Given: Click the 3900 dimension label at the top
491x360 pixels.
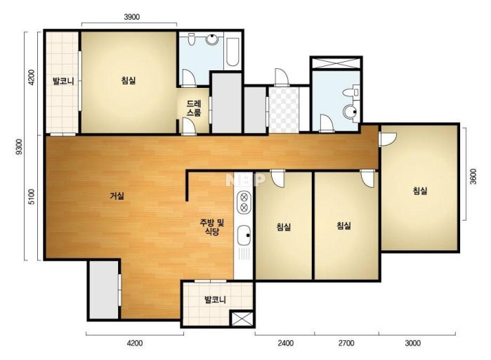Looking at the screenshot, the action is (132, 17).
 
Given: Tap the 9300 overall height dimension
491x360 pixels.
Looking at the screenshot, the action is (20, 147).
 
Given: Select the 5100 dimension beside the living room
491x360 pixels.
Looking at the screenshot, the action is (32, 197).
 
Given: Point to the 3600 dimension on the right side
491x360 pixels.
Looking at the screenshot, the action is (473, 176).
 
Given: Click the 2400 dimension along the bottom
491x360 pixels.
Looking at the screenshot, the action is (286, 343).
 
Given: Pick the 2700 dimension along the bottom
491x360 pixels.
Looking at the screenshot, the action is (346, 343).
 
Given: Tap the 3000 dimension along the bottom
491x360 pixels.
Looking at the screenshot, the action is (413, 343).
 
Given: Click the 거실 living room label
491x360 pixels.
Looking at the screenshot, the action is (117, 196).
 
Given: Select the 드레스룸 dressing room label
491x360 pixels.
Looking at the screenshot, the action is (194, 108).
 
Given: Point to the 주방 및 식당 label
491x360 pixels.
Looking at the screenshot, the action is (212, 227).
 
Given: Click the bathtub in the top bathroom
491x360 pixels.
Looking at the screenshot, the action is (233, 52).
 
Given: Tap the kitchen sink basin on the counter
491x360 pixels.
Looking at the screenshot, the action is (244, 236).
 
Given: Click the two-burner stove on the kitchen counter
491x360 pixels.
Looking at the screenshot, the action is (244, 202).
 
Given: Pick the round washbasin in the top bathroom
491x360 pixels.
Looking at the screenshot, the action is (212, 39).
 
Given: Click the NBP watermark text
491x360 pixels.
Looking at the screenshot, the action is (245, 179).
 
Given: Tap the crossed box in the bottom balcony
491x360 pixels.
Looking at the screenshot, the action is (242, 319).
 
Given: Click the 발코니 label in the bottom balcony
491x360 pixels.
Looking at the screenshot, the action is (215, 300).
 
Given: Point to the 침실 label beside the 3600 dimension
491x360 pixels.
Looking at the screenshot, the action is (420, 191).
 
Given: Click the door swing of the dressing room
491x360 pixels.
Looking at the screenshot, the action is (189, 127).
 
